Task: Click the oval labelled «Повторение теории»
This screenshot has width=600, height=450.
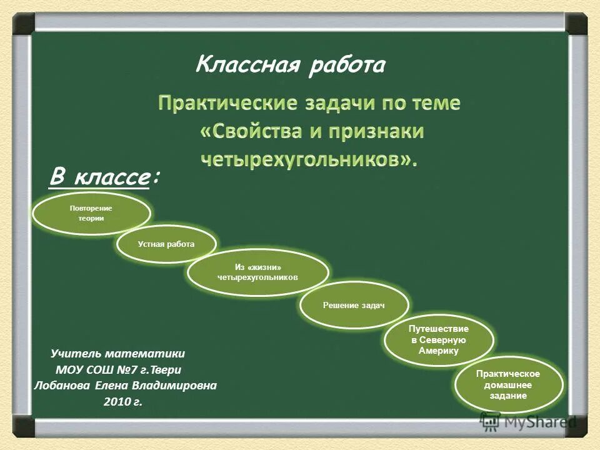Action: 91,213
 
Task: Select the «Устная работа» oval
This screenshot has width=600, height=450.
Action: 166,244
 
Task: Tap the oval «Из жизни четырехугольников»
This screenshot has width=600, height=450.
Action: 257,272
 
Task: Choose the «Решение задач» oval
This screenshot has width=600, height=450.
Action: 354,305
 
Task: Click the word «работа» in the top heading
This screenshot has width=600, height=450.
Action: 346,65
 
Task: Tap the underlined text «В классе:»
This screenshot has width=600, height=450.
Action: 104,177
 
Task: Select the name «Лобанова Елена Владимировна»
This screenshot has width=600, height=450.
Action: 125,386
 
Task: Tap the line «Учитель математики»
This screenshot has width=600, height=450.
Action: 117,353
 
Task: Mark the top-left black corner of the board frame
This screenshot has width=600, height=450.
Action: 24,24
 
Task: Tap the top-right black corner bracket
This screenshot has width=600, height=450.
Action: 576,24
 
